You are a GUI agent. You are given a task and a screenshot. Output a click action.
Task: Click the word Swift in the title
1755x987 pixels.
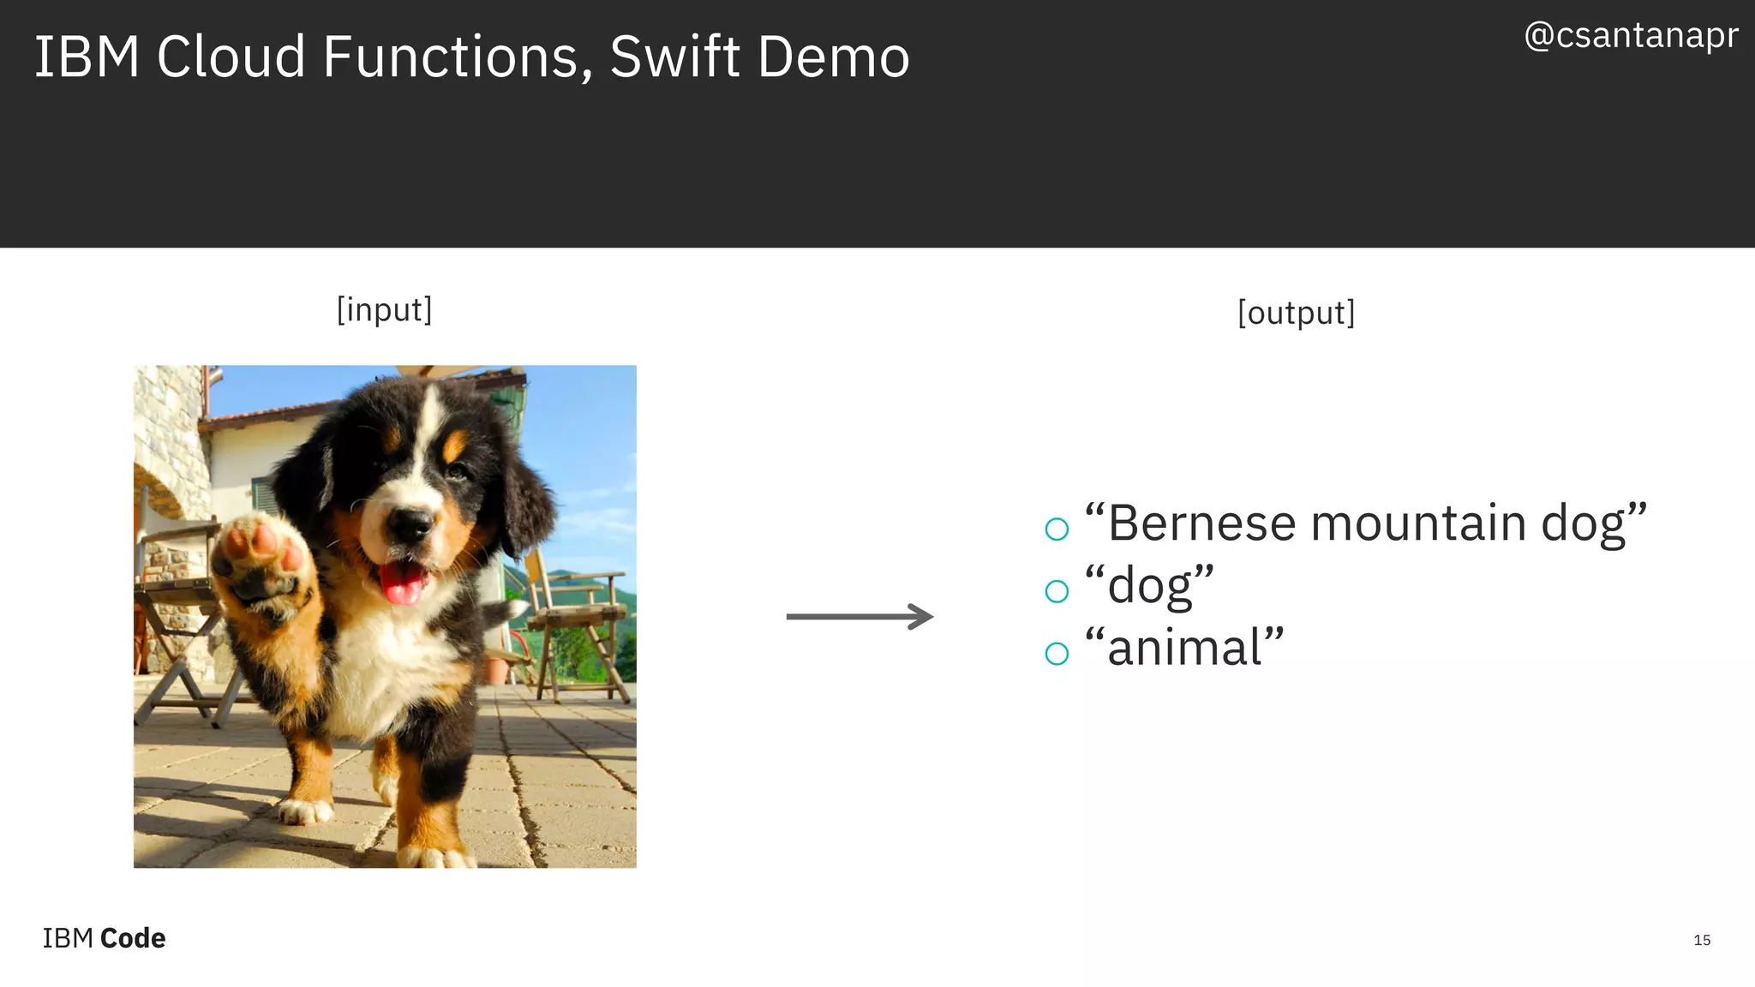pos(674,57)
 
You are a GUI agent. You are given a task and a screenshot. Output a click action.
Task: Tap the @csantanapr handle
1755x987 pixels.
pos(1631,36)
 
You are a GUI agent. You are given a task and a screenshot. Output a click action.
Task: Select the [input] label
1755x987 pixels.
pos(384,309)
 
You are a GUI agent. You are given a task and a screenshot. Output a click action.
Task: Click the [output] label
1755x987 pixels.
pos(1296,313)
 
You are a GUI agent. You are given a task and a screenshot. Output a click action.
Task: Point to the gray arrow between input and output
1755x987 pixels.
pos(860,617)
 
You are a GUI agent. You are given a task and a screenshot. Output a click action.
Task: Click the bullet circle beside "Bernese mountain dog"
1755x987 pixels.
pos(1057,529)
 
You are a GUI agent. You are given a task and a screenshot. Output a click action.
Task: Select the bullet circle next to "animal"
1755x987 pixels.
pos(1057,654)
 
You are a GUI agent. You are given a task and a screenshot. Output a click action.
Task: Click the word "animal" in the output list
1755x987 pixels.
pos(1184,648)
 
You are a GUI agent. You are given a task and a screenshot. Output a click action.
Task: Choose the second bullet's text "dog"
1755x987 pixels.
pos(1150,587)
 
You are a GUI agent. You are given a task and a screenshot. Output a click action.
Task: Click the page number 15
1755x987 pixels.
pos(1702,940)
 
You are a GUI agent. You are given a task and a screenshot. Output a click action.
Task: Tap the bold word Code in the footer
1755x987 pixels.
pos(133,938)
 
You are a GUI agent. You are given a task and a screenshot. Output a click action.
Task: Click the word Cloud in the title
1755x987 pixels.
pos(231,57)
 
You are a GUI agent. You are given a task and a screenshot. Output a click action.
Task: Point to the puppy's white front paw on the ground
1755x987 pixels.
pos(305,811)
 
